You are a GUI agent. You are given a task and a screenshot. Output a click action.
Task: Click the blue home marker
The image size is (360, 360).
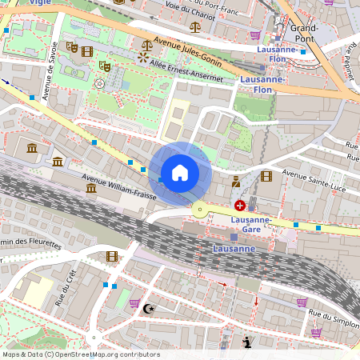point(180,173)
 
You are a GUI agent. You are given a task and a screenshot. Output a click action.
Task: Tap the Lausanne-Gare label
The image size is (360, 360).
point(251,224)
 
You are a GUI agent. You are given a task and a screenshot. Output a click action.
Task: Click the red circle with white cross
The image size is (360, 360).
point(240,206)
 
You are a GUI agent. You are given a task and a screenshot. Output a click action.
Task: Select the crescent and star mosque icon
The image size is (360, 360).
point(146,307)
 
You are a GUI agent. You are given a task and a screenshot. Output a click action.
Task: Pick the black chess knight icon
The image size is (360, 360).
point(247,343)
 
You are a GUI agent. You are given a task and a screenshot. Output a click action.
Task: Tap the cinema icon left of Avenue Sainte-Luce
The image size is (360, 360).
point(266,176)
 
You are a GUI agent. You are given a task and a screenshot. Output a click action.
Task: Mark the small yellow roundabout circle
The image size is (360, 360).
point(198,210)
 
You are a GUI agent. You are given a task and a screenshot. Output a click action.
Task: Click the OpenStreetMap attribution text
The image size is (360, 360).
point(80,354)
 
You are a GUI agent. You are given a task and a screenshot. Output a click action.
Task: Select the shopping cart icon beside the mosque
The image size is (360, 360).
point(134,302)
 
